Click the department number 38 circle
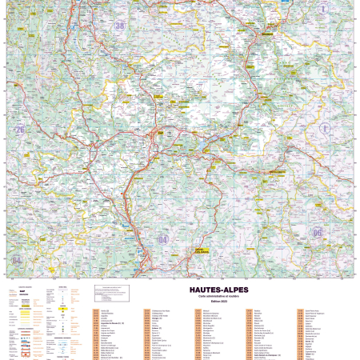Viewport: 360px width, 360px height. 121,26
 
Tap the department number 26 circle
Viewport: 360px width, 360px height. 19,130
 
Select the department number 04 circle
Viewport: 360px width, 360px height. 163,238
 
